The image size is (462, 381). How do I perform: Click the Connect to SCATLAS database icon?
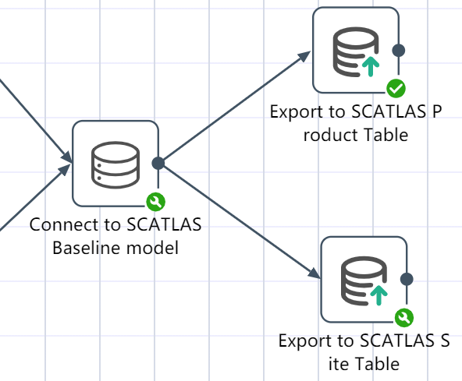115,164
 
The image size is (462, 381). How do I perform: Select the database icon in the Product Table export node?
356,51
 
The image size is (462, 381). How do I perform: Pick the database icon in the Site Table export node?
364,280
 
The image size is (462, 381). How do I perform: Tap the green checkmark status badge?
396,88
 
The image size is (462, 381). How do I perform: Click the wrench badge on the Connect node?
155,202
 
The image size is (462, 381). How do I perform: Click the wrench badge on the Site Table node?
404,317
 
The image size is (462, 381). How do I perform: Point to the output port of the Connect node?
158,164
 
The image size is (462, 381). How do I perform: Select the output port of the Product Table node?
399,51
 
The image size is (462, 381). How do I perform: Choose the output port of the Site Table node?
407,279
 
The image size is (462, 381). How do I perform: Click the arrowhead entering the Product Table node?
304,55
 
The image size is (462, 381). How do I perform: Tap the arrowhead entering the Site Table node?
314,273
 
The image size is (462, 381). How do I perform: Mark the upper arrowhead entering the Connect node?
67,157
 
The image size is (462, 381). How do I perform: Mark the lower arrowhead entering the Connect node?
65,170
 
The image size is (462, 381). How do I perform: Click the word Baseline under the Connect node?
87,248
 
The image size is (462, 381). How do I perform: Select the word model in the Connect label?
152,248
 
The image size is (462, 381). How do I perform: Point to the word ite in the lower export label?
338,364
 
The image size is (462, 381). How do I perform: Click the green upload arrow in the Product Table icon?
371,66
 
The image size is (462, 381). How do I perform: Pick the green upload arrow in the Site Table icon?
379,295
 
